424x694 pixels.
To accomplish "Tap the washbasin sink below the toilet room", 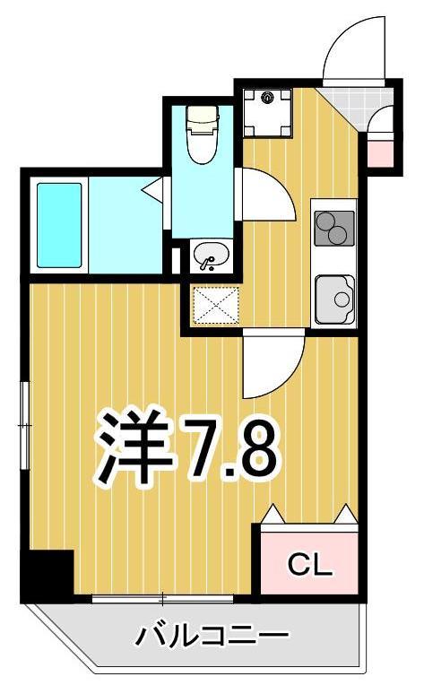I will click(x=212, y=256).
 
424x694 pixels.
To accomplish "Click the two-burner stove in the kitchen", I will click(x=333, y=226).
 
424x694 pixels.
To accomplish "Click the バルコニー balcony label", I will click(x=212, y=638).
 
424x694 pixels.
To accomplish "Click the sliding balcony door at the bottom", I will click(x=161, y=597).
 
